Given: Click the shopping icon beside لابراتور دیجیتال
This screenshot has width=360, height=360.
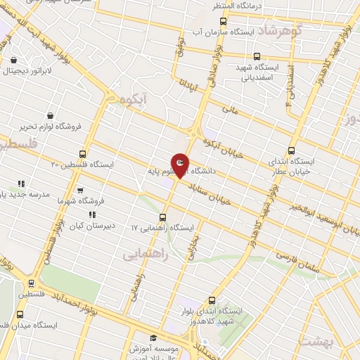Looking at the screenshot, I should [15, 60].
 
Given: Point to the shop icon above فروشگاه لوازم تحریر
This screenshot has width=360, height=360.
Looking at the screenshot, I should [50, 115].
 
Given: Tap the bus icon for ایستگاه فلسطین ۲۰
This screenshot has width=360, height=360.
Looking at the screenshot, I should [83, 154].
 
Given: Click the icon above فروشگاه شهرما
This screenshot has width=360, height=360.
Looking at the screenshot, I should [79, 190].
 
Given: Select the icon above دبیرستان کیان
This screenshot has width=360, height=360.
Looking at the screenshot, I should [91, 215].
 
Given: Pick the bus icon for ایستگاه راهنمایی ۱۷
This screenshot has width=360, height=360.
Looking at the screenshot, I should [163, 217].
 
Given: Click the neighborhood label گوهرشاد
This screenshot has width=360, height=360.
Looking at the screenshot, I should [279, 32].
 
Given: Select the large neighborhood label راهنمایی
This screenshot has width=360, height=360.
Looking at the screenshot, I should [146, 255].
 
